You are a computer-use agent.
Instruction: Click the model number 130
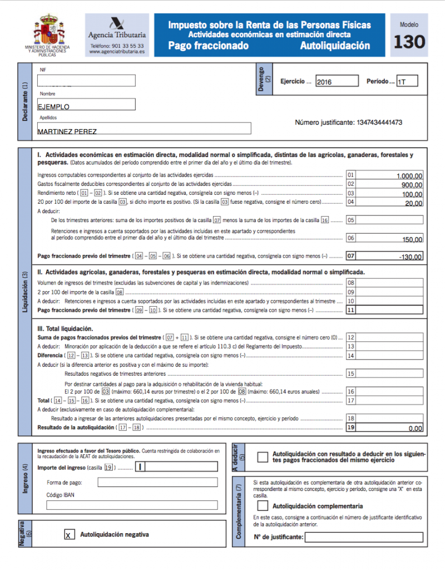[x=409, y=42]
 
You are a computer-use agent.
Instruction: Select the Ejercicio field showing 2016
[x=337, y=81]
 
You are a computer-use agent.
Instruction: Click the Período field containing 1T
[x=407, y=81]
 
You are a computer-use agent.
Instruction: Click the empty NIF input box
[x=87, y=81]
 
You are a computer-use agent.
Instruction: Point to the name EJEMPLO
[x=54, y=106]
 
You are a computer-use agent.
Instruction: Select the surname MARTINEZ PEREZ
[x=67, y=131]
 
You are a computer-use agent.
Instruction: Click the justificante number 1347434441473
[x=375, y=122]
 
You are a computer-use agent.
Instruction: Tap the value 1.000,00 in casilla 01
[x=409, y=176]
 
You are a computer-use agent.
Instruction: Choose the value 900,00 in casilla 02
[x=412, y=185]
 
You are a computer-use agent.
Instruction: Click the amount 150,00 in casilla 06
[x=412, y=239]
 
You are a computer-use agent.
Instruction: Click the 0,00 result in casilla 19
[x=415, y=429]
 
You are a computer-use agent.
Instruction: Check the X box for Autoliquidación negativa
[x=68, y=535]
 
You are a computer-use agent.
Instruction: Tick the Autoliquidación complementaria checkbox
[x=263, y=506]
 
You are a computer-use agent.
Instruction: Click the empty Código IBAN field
[x=132, y=505]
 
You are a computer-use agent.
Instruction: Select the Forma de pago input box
[x=157, y=482]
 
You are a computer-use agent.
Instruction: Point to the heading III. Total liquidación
[x=65, y=328]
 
